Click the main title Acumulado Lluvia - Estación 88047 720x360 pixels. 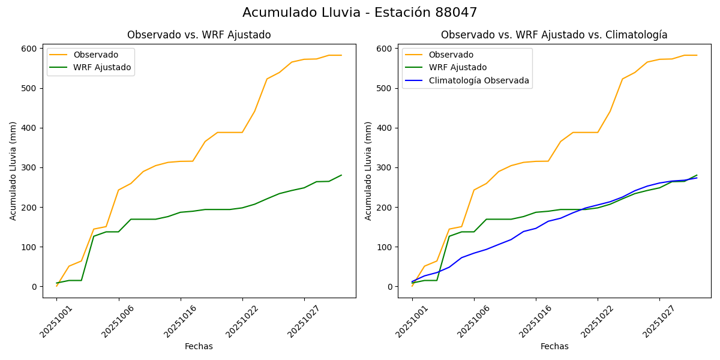pyautogui.click(x=360, y=13)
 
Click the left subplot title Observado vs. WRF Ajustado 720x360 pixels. pyautogui.click(x=199, y=35)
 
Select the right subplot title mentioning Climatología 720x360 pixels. pyautogui.click(x=554, y=35)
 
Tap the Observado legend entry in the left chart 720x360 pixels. pyautogui.click(x=95, y=55)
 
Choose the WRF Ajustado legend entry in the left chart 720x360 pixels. pyautogui.click(x=102, y=67)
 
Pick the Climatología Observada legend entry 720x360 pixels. pyautogui.click(x=479, y=80)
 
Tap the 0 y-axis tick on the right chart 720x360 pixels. pyautogui.click(x=391, y=287)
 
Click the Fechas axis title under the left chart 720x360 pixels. pyautogui.click(x=199, y=346)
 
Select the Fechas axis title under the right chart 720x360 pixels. pyautogui.click(x=554, y=346)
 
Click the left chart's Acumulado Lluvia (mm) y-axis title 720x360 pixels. pyautogui.click(x=13, y=170)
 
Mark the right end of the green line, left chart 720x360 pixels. pyautogui.click(x=341, y=175)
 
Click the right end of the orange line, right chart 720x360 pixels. pyautogui.click(x=697, y=55)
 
